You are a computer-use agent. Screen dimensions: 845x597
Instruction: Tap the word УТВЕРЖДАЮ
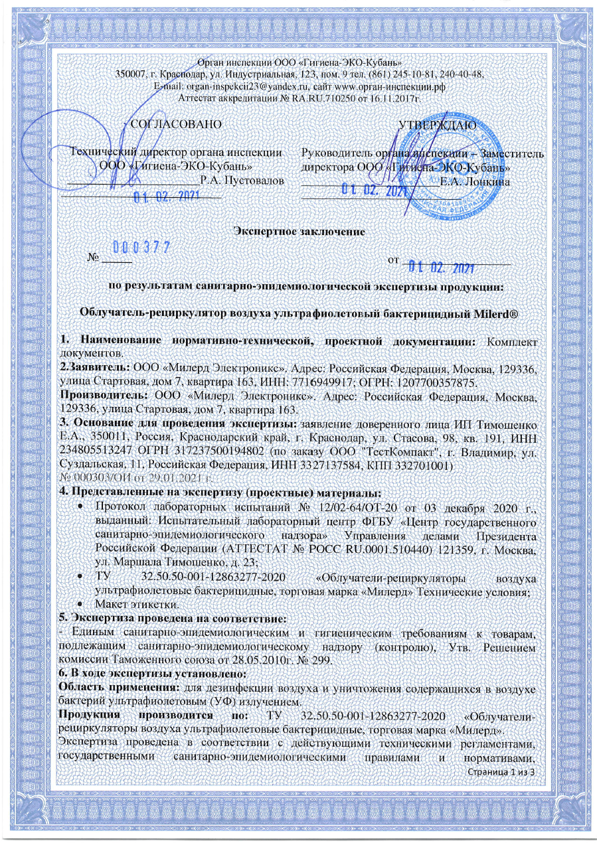[435, 124]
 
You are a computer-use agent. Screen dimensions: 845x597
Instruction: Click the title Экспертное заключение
[298, 232]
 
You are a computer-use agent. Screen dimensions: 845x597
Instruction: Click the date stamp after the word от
[440, 268]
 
